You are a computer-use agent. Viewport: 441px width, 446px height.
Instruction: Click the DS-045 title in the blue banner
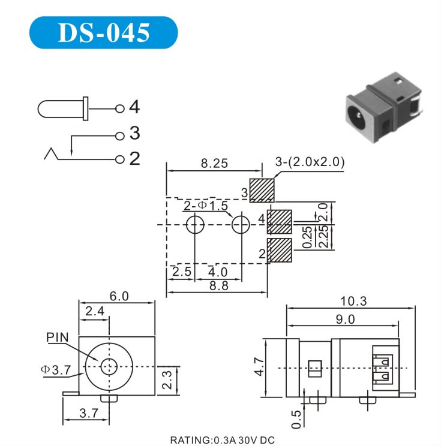104,32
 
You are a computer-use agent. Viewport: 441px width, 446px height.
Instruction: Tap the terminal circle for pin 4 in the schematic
120,109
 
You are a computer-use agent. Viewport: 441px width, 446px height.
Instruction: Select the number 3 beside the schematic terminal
134,133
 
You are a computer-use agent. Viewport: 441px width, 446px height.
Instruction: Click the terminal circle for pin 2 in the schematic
120,159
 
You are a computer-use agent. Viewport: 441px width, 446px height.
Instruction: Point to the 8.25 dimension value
214,163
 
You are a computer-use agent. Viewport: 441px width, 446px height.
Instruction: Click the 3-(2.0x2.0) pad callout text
310,162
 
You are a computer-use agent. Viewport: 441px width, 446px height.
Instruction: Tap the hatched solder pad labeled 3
262,190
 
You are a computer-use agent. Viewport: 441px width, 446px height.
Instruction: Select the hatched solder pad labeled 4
279,222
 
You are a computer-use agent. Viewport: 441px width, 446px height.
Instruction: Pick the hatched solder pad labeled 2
279,251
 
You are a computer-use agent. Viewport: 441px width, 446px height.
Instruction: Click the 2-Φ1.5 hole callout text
206,206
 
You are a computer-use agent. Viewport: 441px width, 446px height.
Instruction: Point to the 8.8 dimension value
218,285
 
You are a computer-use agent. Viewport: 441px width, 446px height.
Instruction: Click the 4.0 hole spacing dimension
218,272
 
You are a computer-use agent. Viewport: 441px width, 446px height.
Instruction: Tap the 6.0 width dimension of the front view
119,296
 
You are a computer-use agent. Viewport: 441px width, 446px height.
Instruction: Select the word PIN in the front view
57,337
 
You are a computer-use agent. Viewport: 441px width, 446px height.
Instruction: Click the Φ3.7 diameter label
56,370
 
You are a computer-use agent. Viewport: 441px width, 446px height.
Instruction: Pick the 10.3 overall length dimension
353,301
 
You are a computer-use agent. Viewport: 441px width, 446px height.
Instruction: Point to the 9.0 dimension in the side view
346,320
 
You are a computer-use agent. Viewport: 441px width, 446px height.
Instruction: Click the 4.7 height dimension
259,367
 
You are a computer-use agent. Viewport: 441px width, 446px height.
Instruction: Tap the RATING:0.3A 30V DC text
223,440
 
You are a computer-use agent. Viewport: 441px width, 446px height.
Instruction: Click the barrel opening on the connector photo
357,115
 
